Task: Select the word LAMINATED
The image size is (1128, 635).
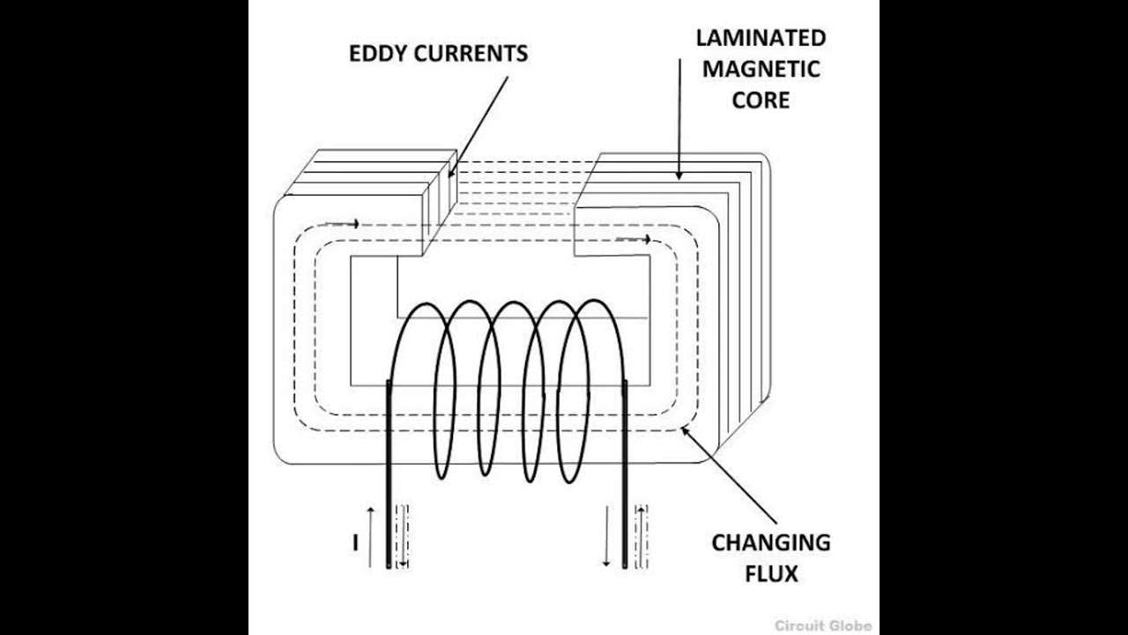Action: pos(761,38)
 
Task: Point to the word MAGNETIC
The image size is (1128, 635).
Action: pos(761,69)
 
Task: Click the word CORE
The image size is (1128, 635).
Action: pos(761,100)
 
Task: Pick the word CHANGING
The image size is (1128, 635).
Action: pos(770,542)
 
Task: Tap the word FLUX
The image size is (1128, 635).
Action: pos(770,573)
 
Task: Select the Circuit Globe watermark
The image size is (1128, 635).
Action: pos(823,625)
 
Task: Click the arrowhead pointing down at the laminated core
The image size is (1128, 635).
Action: pos(679,175)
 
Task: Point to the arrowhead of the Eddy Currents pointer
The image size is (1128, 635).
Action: pos(451,173)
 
